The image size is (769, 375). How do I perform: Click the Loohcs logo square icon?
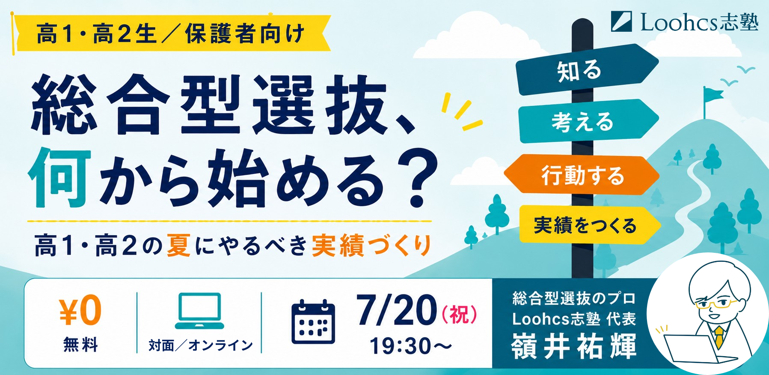point(621,21)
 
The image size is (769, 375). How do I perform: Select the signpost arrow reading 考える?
point(588,121)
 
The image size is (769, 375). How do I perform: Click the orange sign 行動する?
point(582,175)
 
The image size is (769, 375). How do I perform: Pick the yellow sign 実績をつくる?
point(590,225)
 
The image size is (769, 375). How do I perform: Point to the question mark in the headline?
point(417,178)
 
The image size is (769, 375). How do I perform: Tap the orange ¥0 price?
point(80,310)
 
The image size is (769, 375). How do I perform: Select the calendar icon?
point(313,322)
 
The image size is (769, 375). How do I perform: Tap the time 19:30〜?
point(410,346)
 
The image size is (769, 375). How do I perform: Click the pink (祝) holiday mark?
point(459,315)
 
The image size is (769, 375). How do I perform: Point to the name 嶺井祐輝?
point(574,346)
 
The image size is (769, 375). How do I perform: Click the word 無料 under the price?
point(80,345)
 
